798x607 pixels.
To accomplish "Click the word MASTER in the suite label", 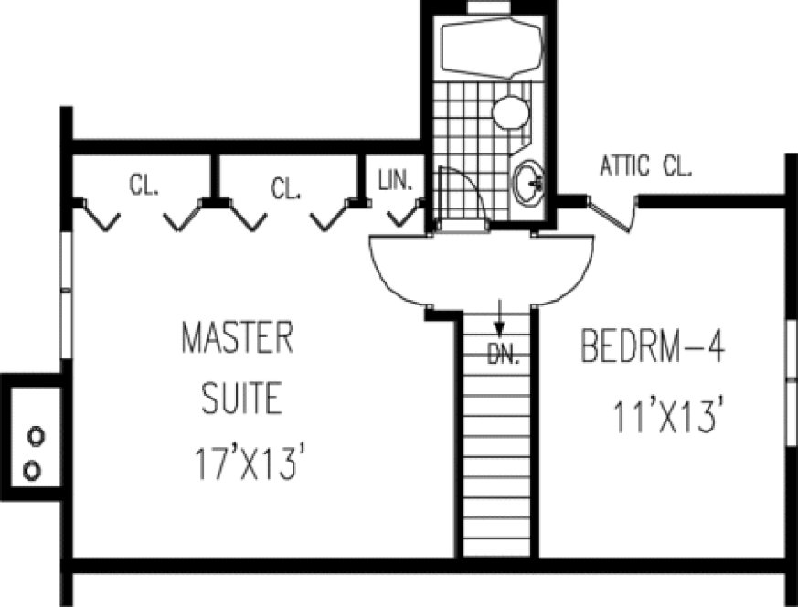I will pos(237,338).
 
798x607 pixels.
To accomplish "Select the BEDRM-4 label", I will pos(653,347).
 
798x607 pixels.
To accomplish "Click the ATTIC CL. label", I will pos(645,166).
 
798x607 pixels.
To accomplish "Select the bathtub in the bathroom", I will pos(490,46).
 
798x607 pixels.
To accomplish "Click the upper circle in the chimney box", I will pos(34,436).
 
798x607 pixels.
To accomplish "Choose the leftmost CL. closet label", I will pos(144,186).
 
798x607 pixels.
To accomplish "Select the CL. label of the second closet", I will pos(286,189).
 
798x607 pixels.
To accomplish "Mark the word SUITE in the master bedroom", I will pos(241,399).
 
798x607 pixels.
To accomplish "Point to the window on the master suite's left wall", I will pos(65,265).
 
